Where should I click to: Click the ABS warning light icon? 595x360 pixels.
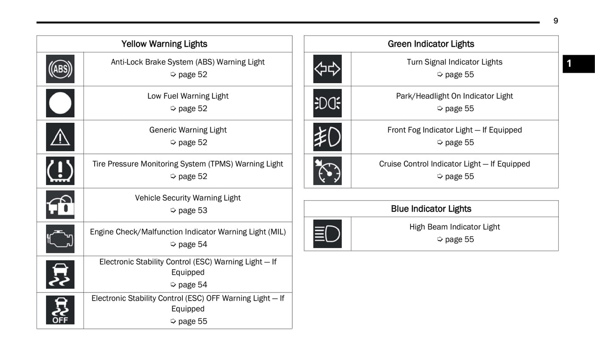[x=60, y=69]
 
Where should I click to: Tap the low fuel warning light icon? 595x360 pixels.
[x=60, y=103]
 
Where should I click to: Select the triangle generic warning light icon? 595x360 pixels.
[x=60, y=137]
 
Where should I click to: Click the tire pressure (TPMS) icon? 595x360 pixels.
[x=60, y=171]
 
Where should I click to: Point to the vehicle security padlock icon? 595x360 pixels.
[x=60, y=205]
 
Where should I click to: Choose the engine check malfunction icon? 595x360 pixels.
[x=60, y=239]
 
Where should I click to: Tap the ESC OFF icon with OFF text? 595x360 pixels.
[x=60, y=310]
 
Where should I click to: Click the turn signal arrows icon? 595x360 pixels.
[x=327, y=69]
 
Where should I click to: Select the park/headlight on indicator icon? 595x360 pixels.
[x=327, y=103]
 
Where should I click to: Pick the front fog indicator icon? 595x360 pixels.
[x=327, y=137]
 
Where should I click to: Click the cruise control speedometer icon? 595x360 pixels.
[x=327, y=171]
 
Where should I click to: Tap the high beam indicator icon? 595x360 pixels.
[x=327, y=234]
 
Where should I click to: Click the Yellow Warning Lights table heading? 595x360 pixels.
[x=164, y=44]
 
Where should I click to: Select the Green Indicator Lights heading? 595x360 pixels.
[x=431, y=44]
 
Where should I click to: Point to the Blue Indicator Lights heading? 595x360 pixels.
[x=431, y=209]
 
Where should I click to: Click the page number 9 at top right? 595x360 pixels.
[x=555, y=21]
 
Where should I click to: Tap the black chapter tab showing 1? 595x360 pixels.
[x=578, y=64]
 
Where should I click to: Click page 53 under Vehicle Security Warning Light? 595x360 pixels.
[x=192, y=210]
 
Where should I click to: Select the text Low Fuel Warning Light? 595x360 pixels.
[x=188, y=96]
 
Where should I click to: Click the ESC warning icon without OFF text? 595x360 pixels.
[x=60, y=274]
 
